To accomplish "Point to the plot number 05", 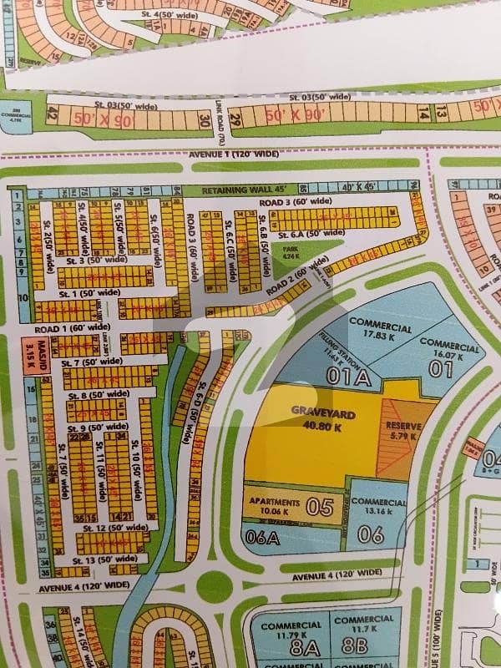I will [319, 507].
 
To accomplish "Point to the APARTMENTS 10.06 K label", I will [268, 506].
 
